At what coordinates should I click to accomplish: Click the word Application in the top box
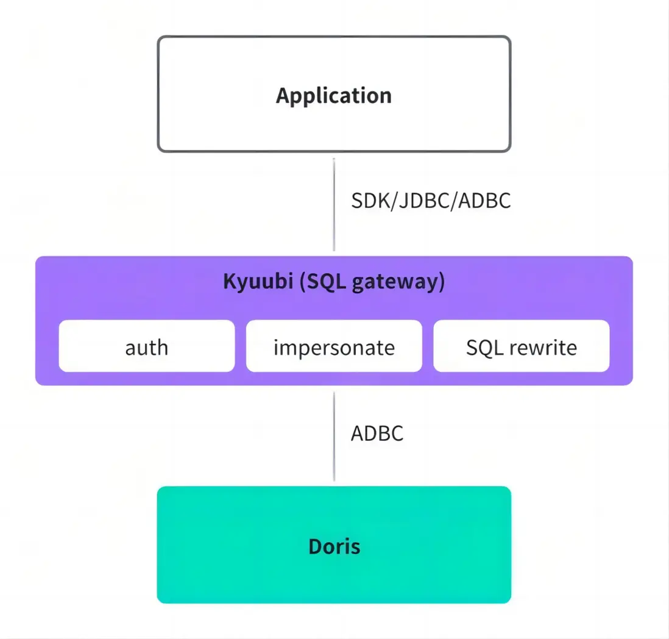(333, 96)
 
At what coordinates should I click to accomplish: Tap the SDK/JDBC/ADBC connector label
(430, 201)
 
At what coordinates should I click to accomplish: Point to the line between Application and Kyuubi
(334, 204)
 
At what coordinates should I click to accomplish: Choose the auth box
(146, 346)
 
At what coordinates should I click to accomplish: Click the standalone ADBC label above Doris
(377, 434)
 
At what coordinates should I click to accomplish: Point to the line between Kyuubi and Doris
(334, 436)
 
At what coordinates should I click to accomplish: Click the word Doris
(334, 546)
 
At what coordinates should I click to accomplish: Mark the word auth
(146, 348)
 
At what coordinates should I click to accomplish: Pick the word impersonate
(334, 348)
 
